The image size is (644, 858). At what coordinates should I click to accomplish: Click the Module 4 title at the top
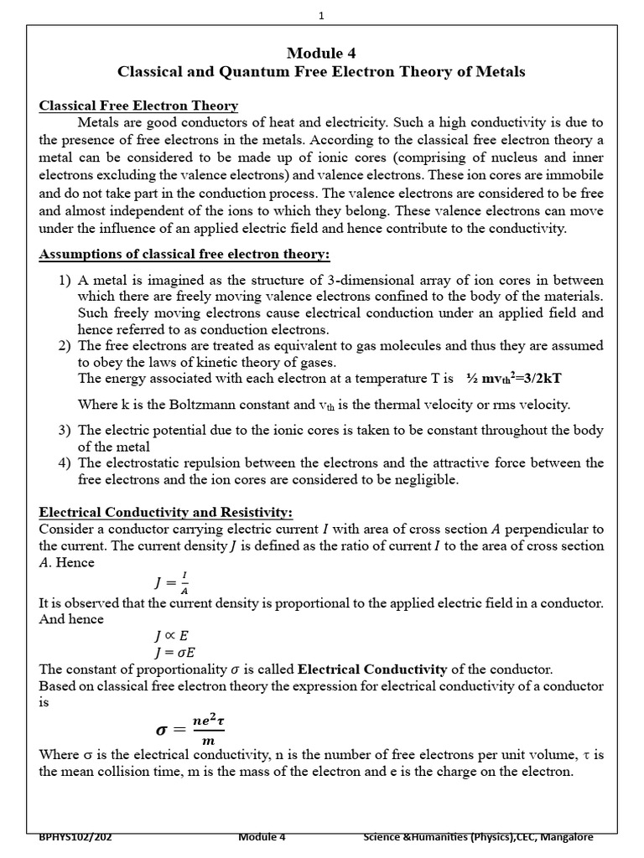pyautogui.click(x=321, y=53)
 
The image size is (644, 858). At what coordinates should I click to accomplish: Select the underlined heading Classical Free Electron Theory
pyautogui.click(x=139, y=106)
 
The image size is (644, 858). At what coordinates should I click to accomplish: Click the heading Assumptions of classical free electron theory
pyautogui.click(x=184, y=254)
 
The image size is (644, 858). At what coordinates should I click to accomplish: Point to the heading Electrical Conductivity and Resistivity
pyautogui.click(x=165, y=512)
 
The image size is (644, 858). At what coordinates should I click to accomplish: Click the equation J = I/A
pyautogui.click(x=171, y=582)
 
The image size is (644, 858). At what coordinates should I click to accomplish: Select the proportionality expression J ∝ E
pyautogui.click(x=172, y=636)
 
